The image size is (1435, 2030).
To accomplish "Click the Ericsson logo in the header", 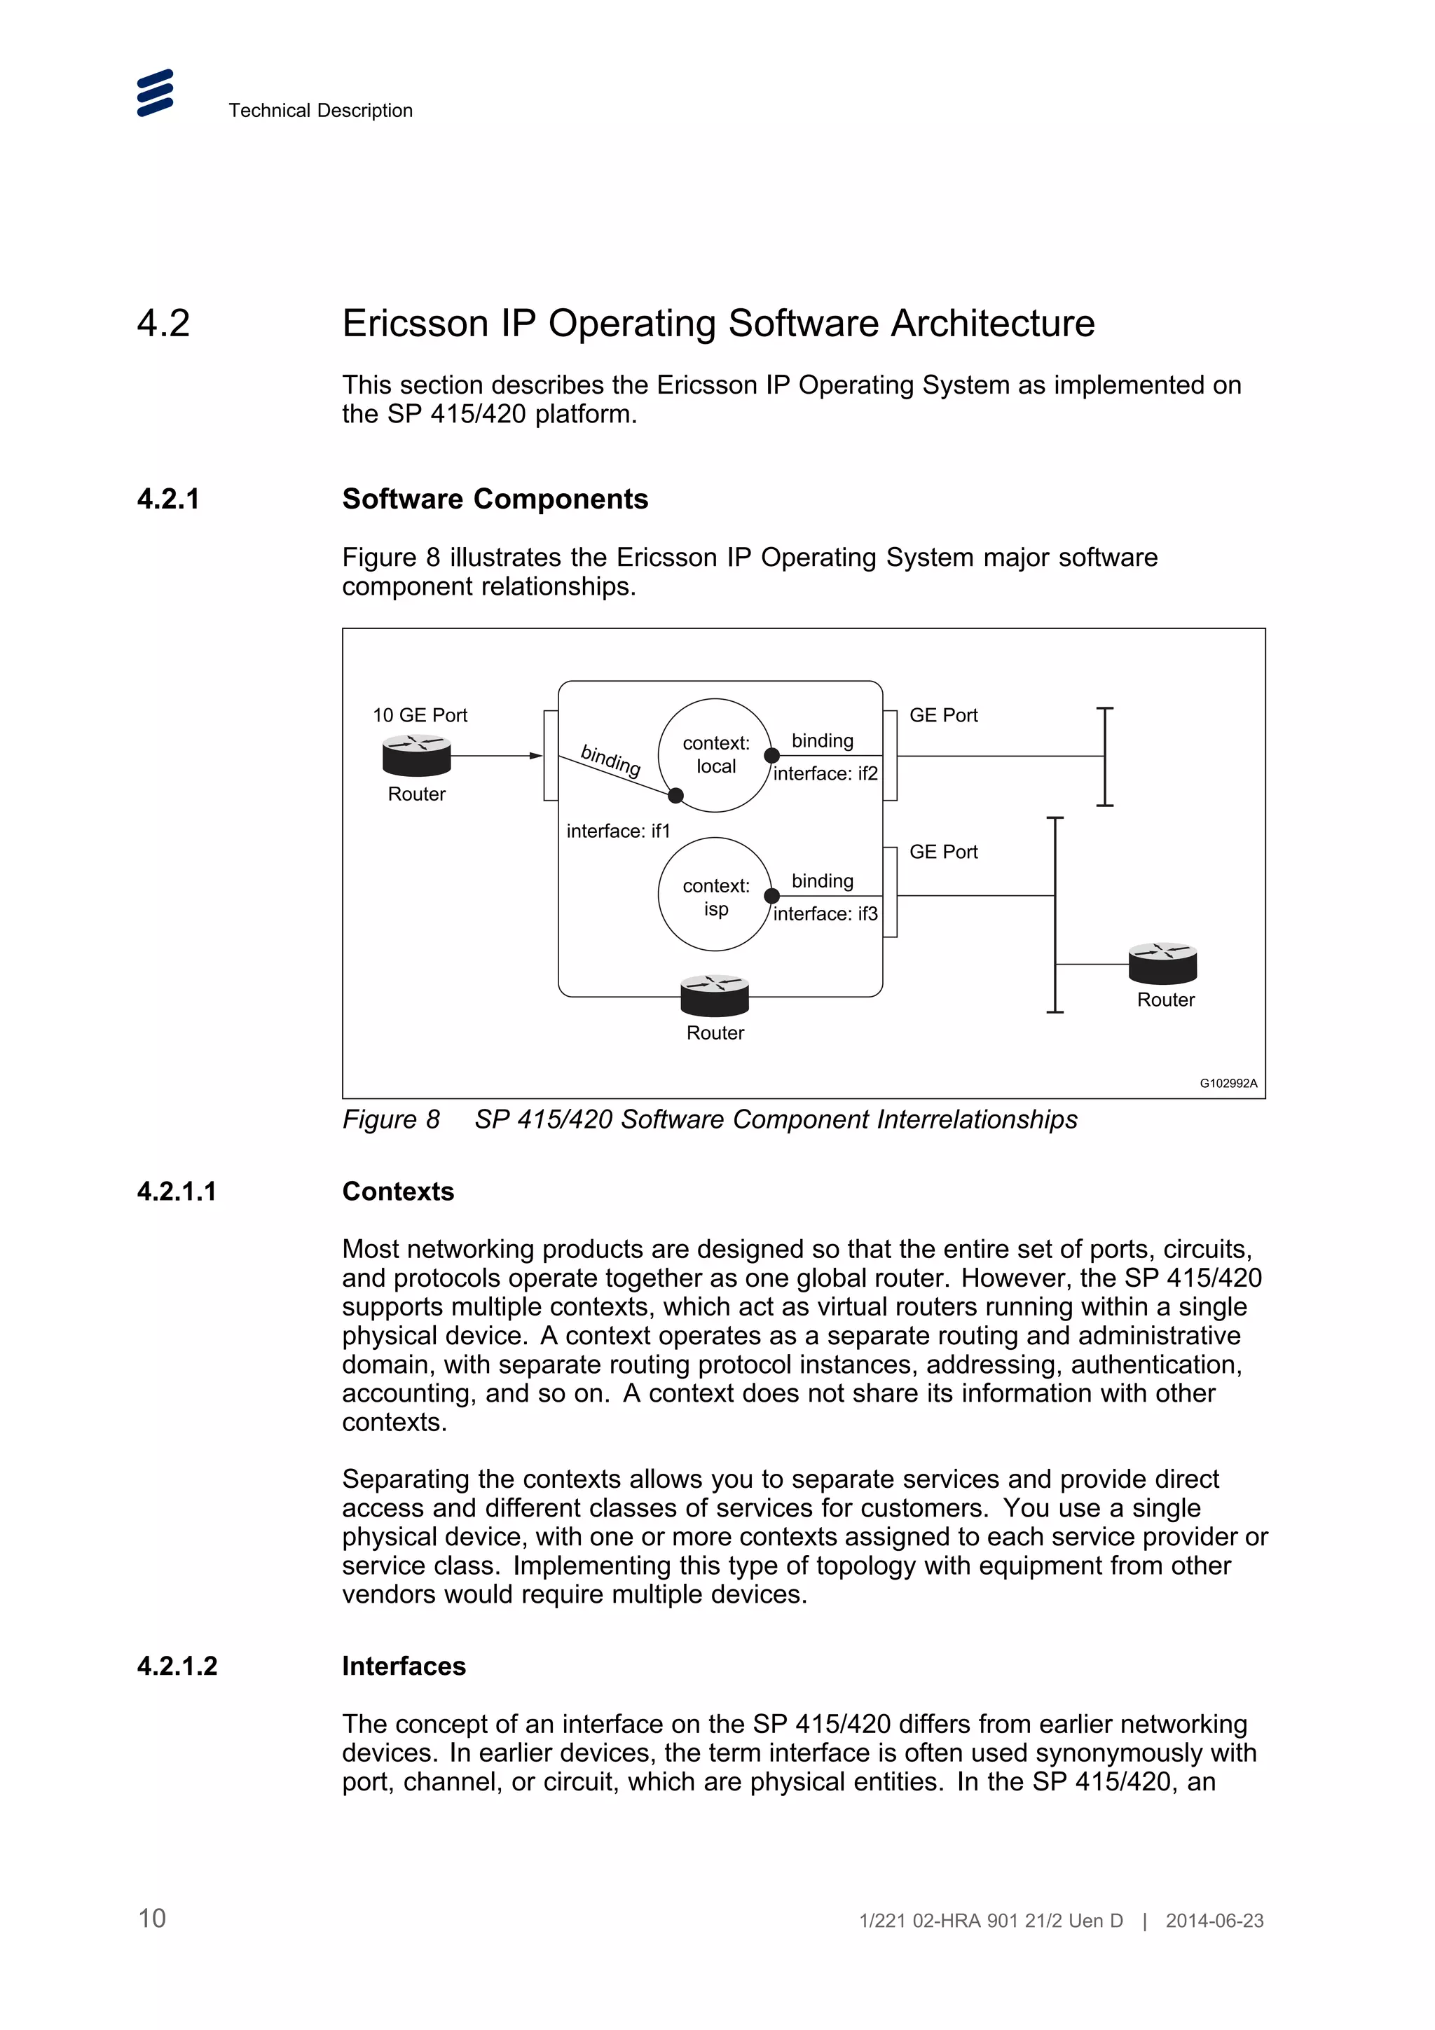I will click(x=155, y=93).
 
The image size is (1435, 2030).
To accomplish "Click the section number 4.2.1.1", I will click(x=176, y=1191).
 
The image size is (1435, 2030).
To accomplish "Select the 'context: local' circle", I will click(x=715, y=755).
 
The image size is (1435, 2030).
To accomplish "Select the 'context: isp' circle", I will click(x=715, y=895).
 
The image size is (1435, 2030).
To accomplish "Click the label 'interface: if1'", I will click(x=618, y=831).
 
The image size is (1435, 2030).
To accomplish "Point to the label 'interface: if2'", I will click(x=825, y=773).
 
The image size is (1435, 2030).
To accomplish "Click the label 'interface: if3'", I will click(x=825, y=913).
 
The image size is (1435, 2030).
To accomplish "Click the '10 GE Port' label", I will click(x=419, y=715).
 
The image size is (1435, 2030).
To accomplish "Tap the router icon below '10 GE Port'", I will click(x=416, y=756).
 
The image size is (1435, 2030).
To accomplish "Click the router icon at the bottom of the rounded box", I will click(x=715, y=995).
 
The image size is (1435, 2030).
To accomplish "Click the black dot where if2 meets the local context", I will click(x=772, y=755).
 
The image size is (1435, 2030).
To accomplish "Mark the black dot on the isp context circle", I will click(x=772, y=896).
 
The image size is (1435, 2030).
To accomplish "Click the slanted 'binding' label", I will click(x=610, y=759).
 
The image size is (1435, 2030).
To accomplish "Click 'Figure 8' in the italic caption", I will click(x=391, y=1119).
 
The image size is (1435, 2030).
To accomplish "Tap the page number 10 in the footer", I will click(x=152, y=1918).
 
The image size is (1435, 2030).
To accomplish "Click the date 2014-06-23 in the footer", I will click(x=1214, y=1920).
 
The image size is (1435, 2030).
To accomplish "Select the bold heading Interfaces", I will click(x=403, y=1666).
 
